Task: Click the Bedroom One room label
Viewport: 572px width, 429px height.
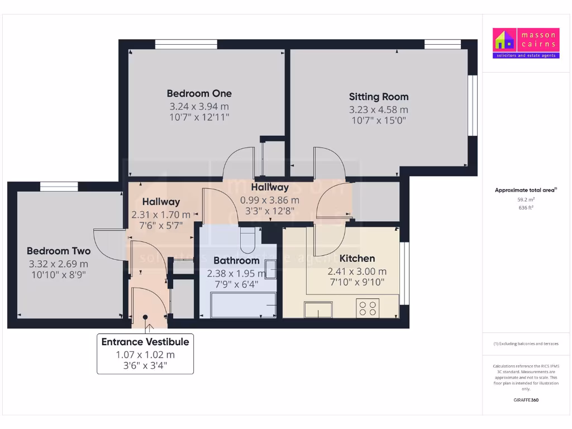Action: [x=199, y=93]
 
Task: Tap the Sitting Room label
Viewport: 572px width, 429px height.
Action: [x=379, y=97]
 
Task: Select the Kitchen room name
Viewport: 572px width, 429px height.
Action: [x=357, y=259]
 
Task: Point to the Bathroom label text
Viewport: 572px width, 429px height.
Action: [x=236, y=260]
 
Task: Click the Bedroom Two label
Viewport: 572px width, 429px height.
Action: [x=59, y=251]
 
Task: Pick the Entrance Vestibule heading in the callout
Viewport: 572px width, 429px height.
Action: [x=145, y=342]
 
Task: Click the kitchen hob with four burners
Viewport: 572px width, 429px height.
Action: [x=368, y=308]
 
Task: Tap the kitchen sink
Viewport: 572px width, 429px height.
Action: [x=318, y=309]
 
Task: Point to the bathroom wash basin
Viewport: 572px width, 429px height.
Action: [x=271, y=271]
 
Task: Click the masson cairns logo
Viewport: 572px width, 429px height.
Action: [x=525, y=43]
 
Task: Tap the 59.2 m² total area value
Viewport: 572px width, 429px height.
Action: [x=525, y=199]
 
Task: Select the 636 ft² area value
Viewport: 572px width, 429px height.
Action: [x=525, y=207]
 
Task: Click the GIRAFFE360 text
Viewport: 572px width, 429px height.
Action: [x=525, y=400]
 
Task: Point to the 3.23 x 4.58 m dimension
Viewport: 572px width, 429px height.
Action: [x=379, y=110]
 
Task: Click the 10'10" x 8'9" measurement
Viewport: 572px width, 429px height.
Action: [x=59, y=274]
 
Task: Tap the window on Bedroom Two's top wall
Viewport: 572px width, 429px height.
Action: [x=59, y=187]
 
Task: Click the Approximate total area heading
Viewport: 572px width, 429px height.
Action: [x=525, y=190]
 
